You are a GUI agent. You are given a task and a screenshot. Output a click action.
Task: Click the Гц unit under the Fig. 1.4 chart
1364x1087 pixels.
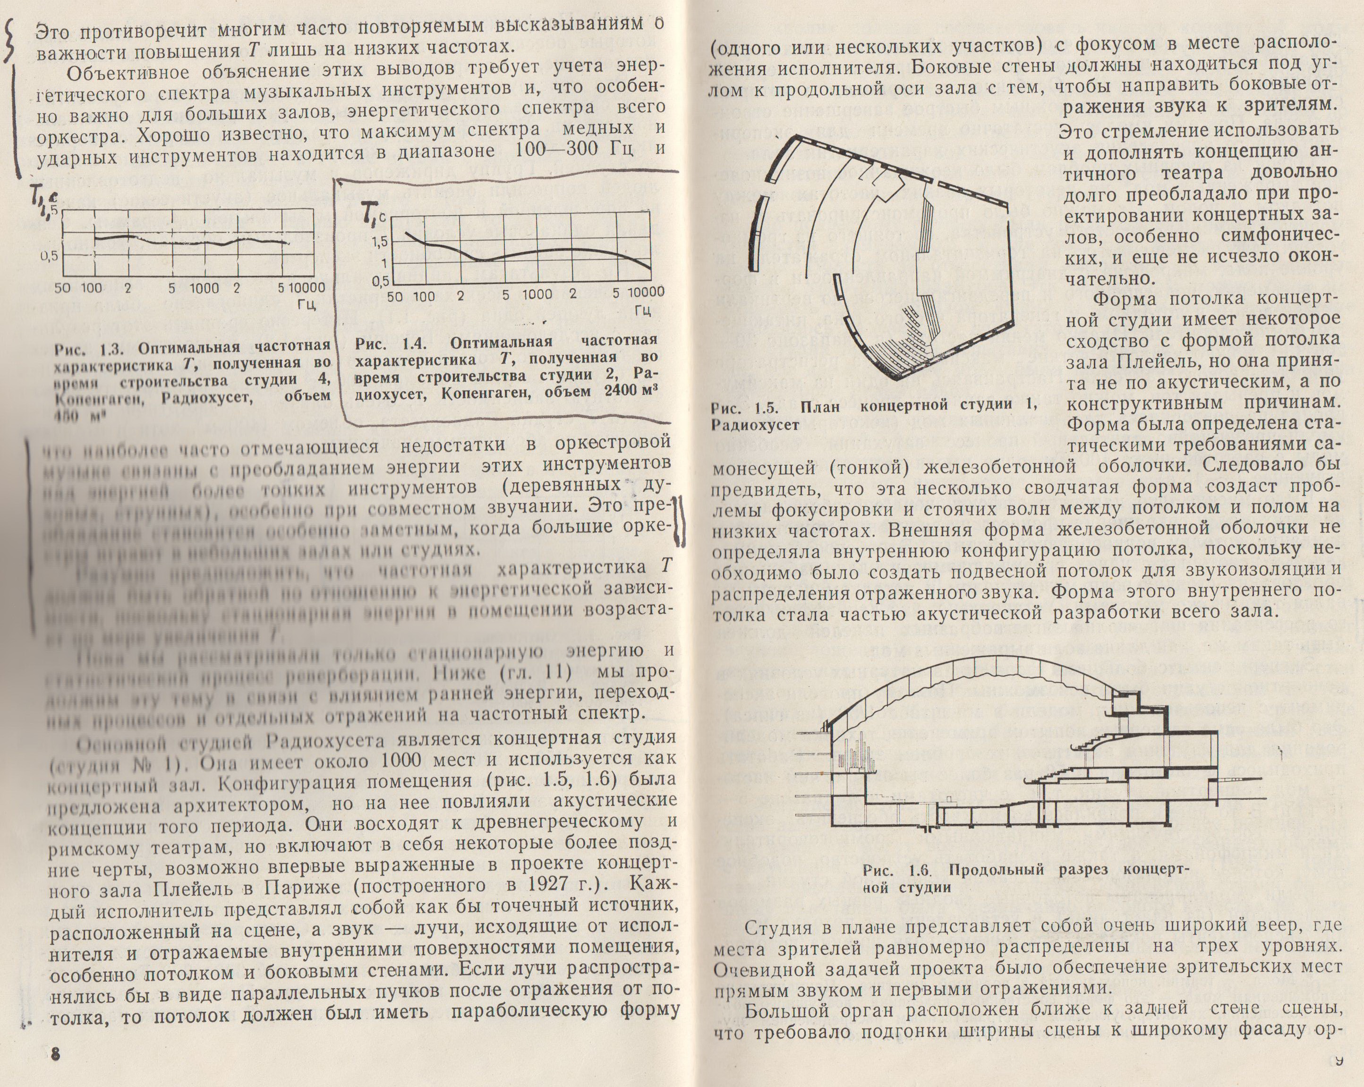[642, 310]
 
